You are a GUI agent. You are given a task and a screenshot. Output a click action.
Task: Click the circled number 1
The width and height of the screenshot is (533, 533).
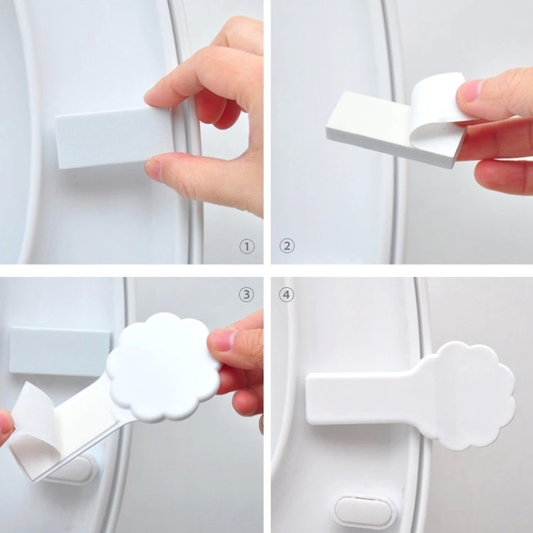[246, 247]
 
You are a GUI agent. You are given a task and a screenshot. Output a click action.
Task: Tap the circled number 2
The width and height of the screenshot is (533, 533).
[287, 247]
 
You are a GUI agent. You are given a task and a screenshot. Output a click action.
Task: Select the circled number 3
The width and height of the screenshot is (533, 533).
[246, 294]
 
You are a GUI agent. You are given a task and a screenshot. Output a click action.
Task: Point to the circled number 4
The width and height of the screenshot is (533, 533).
[286, 294]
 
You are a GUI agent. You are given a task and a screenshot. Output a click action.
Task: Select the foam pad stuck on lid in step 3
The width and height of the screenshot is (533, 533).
[60, 351]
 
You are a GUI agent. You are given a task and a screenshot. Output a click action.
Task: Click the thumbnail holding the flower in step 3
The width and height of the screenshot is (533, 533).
[223, 340]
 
